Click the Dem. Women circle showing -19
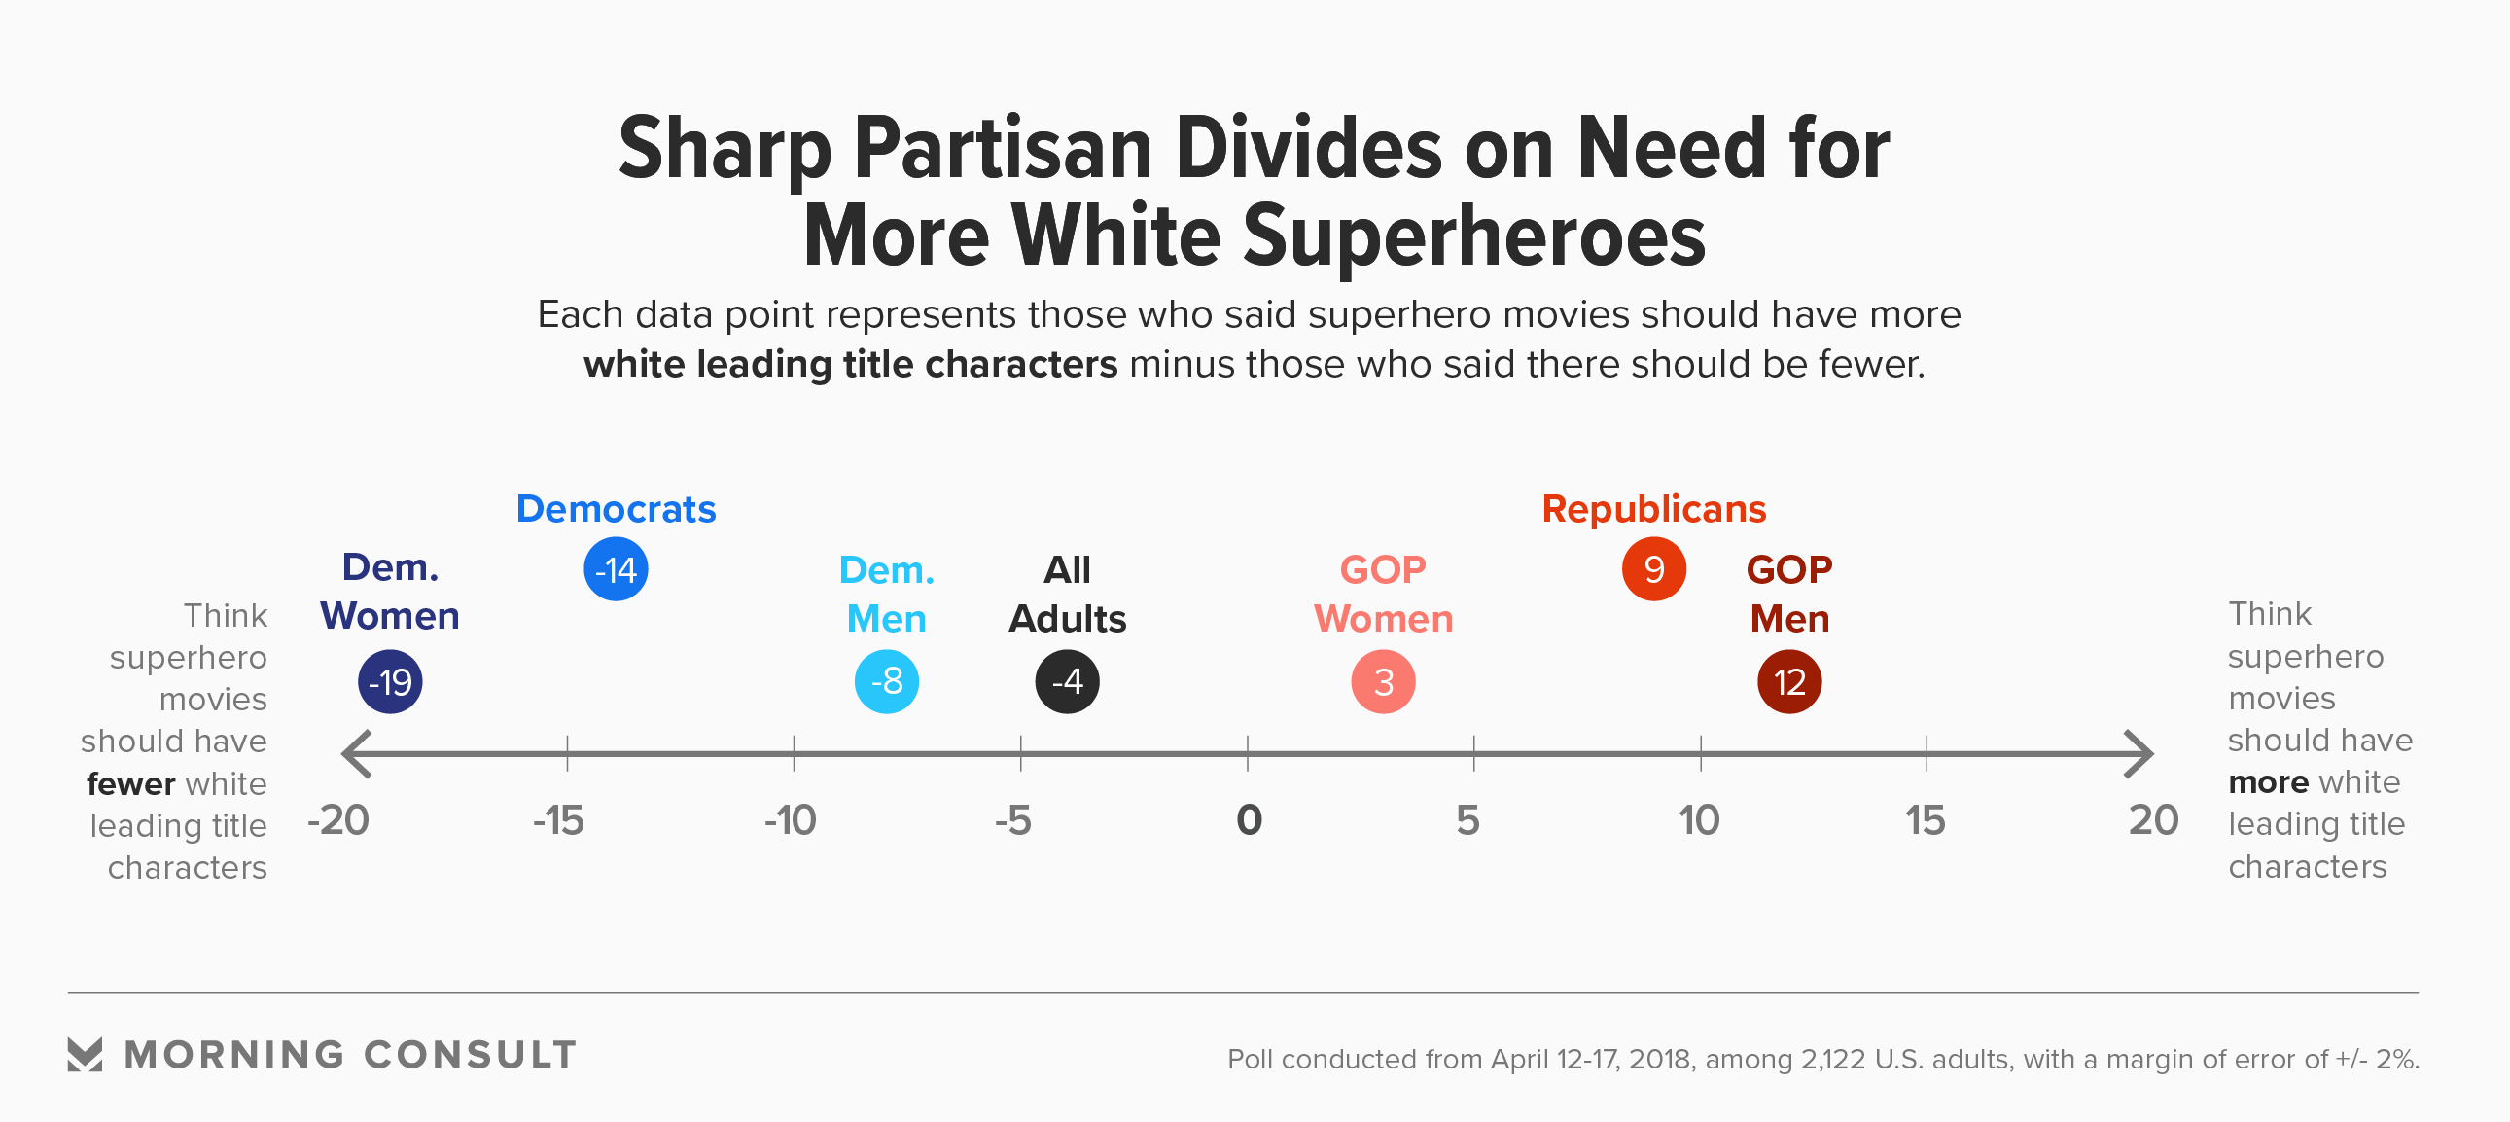[390, 681]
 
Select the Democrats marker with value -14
[616, 569]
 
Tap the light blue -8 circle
[887, 681]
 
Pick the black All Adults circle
[1067, 681]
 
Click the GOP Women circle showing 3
[1383, 681]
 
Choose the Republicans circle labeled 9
[1653, 569]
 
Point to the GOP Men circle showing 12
[1789, 681]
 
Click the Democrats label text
[616, 509]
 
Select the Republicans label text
[1653, 509]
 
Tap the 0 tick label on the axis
[1248, 820]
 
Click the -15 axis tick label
[558, 820]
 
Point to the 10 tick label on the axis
[1698, 820]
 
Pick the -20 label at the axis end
[338, 820]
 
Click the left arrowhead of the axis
[356, 753]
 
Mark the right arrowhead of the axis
[2139, 753]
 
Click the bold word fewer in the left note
[130, 783]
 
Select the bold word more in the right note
[2269, 782]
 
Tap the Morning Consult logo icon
[85, 1054]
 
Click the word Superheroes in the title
[1474, 235]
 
